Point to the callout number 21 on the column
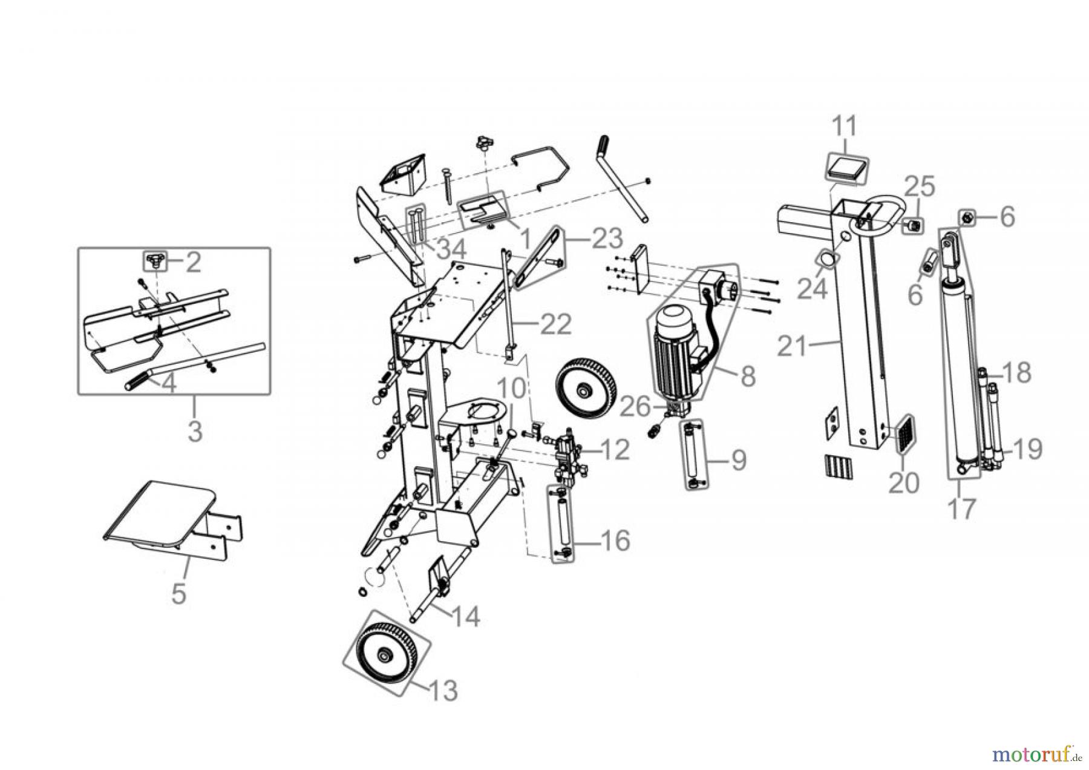tap(793, 347)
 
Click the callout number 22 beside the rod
tap(555, 324)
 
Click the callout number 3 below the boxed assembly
tap(194, 431)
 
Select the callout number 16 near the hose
tap(613, 539)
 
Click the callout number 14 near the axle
tap(465, 616)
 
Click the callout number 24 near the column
tap(811, 289)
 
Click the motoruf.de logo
tap(1037, 754)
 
